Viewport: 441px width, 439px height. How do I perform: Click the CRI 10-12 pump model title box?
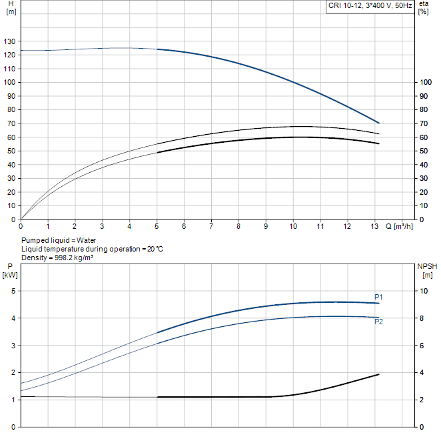pyautogui.click(x=370, y=6)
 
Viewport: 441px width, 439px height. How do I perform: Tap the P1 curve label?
pyautogui.click(x=378, y=297)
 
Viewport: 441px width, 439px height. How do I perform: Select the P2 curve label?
pyautogui.click(x=378, y=322)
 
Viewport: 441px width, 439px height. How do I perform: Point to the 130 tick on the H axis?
pyautogui.click(x=9, y=41)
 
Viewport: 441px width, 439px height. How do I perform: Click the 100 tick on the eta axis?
pyautogui.click(x=426, y=82)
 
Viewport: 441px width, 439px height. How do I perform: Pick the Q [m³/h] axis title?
pyautogui.click(x=399, y=226)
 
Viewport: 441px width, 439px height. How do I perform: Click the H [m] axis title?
pyautogui.click(x=11, y=7)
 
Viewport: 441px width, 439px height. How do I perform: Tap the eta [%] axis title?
pyautogui.click(x=424, y=7)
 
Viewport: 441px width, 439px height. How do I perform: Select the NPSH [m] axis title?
pyautogui.click(x=427, y=271)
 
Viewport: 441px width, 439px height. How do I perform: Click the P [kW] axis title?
pyautogui.click(x=10, y=271)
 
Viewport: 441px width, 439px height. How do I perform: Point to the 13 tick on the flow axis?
pyautogui.click(x=374, y=226)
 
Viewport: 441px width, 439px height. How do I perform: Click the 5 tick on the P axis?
pyautogui.click(x=13, y=291)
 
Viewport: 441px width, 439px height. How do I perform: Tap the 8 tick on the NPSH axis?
pyautogui.click(x=422, y=318)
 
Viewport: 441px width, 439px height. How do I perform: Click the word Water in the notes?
pyautogui.click(x=87, y=240)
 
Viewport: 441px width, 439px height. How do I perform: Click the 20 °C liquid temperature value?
pyautogui.click(x=155, y=249)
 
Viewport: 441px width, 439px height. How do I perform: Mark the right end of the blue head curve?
pyautogui.click(x=379, y=123)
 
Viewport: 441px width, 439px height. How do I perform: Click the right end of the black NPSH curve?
pyautogui.click(x=379, y=374)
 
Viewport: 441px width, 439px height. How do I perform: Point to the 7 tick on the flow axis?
pyautogui.click(x=211, y=226)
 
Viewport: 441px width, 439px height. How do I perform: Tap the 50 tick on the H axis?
pyautogui.click(x=11, y=151)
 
